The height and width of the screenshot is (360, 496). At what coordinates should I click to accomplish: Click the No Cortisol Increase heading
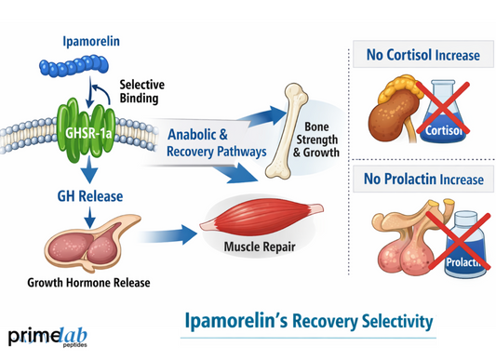422,55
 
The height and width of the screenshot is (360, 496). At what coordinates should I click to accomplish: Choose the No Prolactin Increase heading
422,178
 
